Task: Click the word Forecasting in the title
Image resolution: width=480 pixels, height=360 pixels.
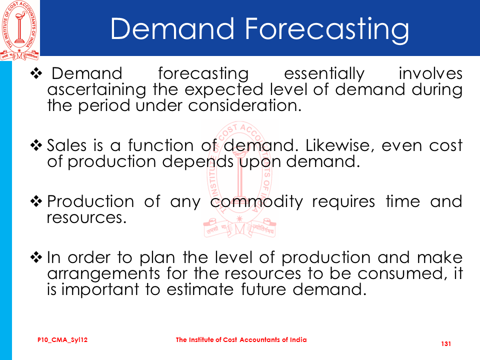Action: pyautogui.click(x=326, y=29)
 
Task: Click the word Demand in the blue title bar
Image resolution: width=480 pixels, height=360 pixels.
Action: pyautogui.click(x=172, y=28)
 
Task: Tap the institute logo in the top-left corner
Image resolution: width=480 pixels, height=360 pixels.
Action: pyautogui.click(x=19, y=30)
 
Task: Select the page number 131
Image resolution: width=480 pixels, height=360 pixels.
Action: pyautogui.click(x=446, y=344)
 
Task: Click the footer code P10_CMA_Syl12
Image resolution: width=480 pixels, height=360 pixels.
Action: pyautogui.click(x=62, y=340)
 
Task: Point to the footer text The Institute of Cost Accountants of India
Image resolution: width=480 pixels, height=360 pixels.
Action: pyautogui.click(x=241, y=339)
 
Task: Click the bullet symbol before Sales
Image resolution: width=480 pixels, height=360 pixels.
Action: pyautogui.click(x=36, y=145)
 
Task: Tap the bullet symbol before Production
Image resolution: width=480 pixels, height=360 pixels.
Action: pyautogui.click(x=36, y=201)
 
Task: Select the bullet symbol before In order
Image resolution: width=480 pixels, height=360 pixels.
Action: pyautogui.click(x=36, y=257)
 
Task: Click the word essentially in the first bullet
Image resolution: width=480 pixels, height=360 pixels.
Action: pyautogui.click(x=324, y=74)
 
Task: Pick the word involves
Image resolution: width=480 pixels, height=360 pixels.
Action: pyautogui.click(x=430, y=73)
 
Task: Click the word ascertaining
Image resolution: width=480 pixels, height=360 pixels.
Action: pyautogui.click(x=96, y=90)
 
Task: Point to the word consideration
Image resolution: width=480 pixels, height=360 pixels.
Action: pyautogui.click(x=244, y=105)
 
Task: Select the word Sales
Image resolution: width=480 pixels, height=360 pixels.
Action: pyautogui.click(x=66, y=145)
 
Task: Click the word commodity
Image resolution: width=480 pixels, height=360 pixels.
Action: pyautogui.click(x=256, y=202)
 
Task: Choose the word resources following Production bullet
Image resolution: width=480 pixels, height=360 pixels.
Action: pyautogui.click(x=86, y=218)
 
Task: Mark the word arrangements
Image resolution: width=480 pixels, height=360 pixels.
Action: pyautogui.click(x=103, y=273)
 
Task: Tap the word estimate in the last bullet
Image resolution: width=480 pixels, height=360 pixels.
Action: pyautogui.click(x=200, y=289)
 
